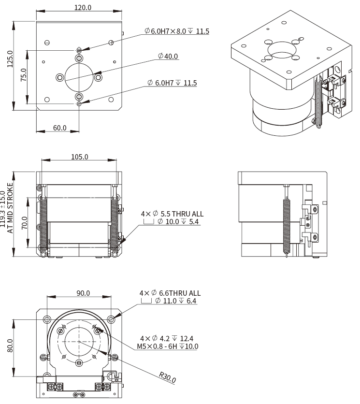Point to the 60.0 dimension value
pyautogui.click(x=59, y=128)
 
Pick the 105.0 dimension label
pyautogui.click(x=79, y=157)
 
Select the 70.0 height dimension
pyautogui.click(x=23, y=228)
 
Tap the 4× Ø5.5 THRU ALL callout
pyautogui.click(x=172, y=213)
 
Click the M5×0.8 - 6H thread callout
pyautogui.click(x=168, y=346)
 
